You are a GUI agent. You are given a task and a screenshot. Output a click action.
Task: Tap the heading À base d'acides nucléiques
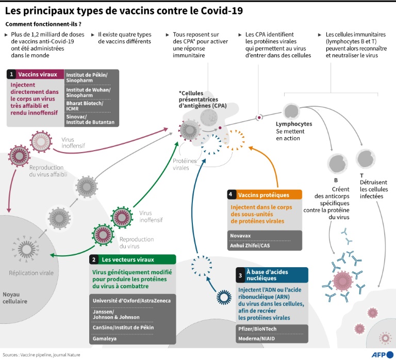pyautogui.click(x=268, y=274)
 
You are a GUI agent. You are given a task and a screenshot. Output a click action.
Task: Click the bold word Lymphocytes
pyautogui.click(x=293, y=124)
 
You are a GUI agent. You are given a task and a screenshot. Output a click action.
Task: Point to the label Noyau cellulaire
pyautogui.click(x=15, y=298)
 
